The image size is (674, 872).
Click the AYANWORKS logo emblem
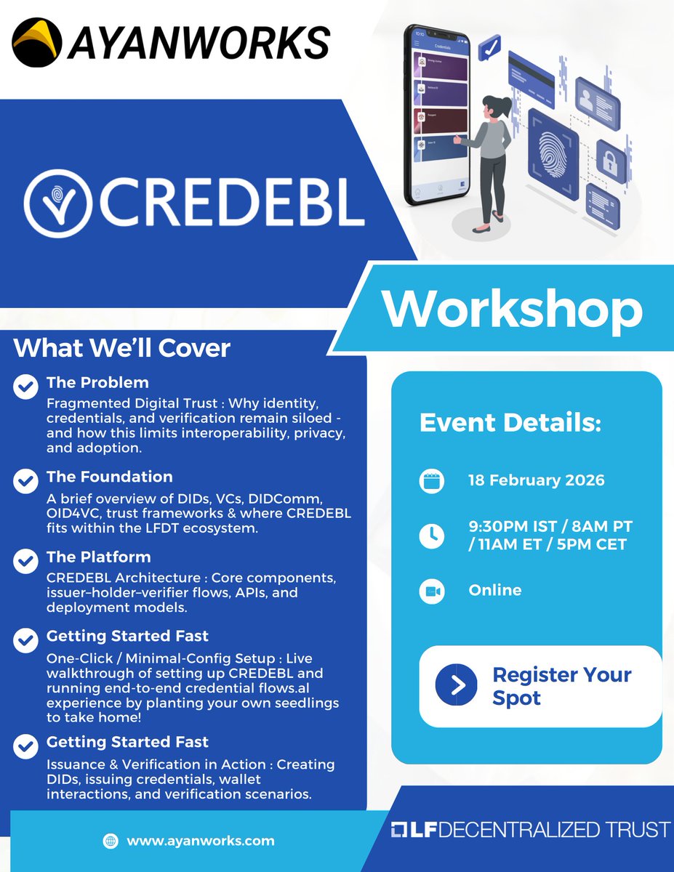coord(38,42)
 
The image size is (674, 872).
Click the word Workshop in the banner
coord(513,309)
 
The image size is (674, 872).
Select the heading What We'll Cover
coord(121,348)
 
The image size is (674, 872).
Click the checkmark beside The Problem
coord(26,387)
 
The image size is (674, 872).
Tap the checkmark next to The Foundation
coord(26,481)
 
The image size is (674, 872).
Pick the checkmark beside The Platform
coord(26,561)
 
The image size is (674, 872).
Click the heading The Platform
coord(99,557)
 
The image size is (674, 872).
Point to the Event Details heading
coord(510,424)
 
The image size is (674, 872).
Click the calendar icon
coord(431,481)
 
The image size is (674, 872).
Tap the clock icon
coord(431,536)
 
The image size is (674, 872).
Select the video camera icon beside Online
coord(431,592)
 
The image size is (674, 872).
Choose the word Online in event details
coord(495,590)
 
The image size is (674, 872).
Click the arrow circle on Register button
coord(456,685)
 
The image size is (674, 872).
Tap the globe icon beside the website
coord(111,841)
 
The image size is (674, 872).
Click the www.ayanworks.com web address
coord(201,841)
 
